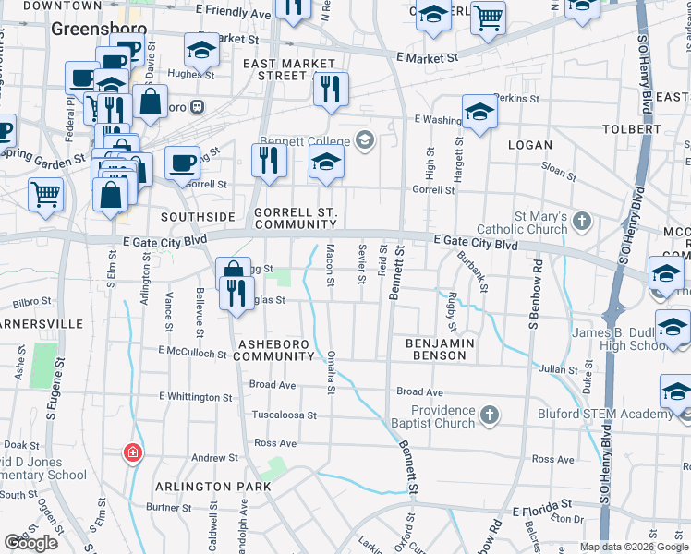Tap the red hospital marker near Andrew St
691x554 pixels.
coord(134,452)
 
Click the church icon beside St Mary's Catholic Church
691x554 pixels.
coord(581,220)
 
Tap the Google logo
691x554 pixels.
coord(31,543)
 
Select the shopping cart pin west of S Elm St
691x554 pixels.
coord(45,195)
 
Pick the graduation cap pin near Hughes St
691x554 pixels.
coord(201,50)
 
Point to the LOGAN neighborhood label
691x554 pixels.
coord(530,145)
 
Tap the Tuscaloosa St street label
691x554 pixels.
coord(285,415)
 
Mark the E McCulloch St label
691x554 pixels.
coord(192,352)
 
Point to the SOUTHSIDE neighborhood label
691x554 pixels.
coord(196,216)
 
